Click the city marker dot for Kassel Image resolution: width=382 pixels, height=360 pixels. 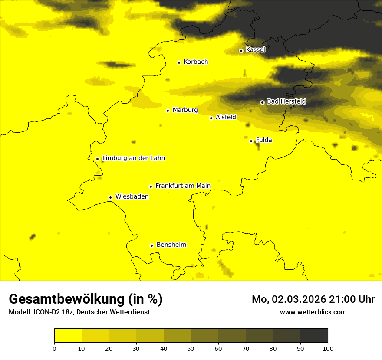pos(241,51)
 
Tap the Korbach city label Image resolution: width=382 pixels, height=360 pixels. pos(196,62)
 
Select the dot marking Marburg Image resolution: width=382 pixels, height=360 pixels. pos(168,111)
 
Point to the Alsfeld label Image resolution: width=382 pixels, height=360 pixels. pos(226,117)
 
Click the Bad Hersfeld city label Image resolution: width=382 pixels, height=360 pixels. pos(286,101)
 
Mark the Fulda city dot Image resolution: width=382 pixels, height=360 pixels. pos(251,141)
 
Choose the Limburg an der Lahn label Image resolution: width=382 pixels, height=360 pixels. pos(133,158)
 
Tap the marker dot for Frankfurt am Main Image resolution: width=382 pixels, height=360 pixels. pos(151,187)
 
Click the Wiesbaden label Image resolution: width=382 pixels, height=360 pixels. pos(132,196)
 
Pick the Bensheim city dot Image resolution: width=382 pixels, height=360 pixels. pos(152,245)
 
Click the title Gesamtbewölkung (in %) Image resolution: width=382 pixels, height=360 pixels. pos(86,299)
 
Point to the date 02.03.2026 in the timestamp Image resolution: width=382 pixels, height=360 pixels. pos(298,299)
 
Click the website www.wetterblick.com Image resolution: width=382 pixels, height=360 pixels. pos(313,312)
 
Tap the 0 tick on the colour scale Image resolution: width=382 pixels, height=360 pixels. pos(54,348)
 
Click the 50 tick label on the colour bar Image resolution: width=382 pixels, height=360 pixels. pos(191,348)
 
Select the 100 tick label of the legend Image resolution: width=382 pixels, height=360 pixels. pos(328,348)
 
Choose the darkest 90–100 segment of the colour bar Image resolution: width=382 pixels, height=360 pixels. pos(314,335)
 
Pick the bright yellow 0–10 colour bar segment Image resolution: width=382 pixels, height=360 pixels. pos(68,335)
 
